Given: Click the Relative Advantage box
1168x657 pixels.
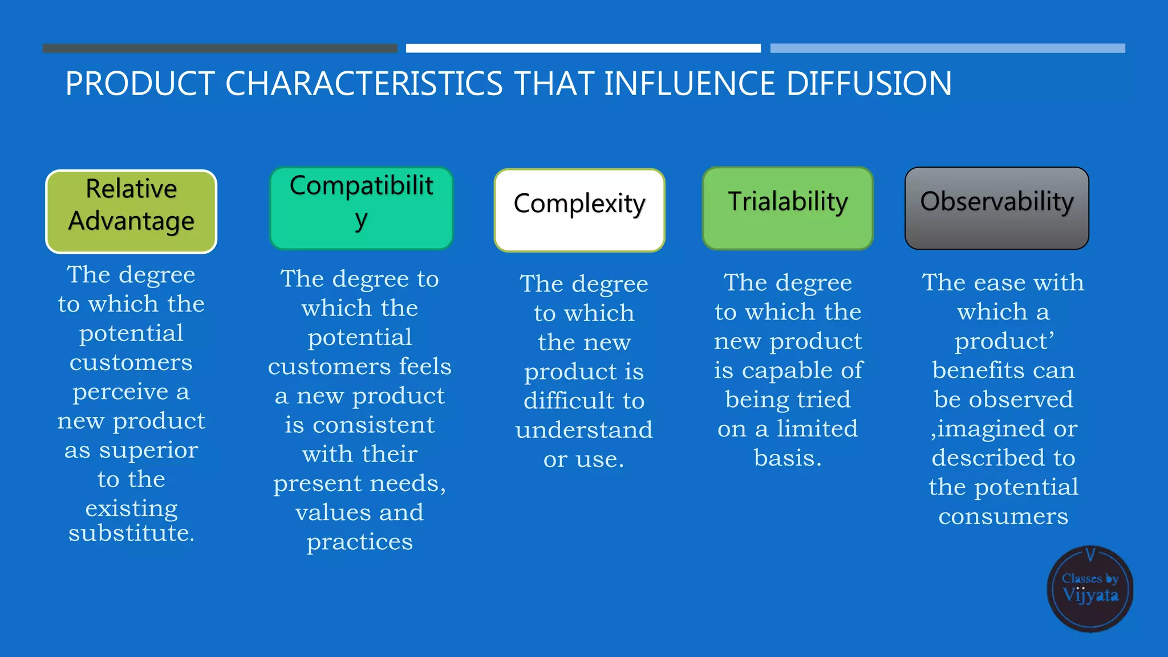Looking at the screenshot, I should [x=131, y=212].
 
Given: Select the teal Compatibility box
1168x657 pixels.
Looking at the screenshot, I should [x=361, y=208].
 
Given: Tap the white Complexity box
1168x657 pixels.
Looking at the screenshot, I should [x=579, y=210].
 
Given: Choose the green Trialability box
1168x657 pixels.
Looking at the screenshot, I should [x=788, y=208].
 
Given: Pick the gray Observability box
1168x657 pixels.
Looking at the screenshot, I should [x=997, y=208].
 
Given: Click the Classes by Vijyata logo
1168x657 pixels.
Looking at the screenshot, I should [x=1090, y=589].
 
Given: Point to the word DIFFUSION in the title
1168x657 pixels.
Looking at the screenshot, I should [x=869, y=84].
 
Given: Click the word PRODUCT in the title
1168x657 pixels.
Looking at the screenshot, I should [x=140, y=84].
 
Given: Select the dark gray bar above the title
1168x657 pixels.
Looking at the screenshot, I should [x=220, y=48].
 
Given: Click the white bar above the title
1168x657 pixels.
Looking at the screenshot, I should [x=583, y=48].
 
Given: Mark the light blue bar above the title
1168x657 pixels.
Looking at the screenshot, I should [x=947, y=48].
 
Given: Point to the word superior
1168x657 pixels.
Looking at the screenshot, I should [x=149, y=451].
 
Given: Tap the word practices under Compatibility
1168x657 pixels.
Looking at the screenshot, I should [x=359, y=542].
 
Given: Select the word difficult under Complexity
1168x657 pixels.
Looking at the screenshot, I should [x=566, y=400].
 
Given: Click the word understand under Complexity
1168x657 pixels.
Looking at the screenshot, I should [x=584, y=430].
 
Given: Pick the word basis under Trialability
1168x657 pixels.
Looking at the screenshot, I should [x=787, y=458].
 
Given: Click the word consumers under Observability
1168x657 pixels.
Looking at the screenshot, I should [x=1003, y=517].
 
